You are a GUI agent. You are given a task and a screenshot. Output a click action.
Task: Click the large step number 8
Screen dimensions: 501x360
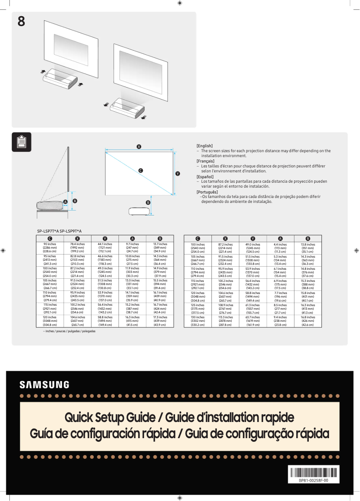tap(21, 21)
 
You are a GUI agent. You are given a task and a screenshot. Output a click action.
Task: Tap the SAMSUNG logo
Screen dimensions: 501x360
tap(44, 385)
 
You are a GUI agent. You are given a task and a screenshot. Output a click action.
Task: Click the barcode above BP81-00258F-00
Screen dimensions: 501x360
tap(313, 472)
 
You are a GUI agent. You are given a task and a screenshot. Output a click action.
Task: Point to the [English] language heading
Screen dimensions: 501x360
tap(205, 146)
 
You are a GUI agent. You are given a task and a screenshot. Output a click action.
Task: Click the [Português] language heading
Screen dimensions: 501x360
tap(207, 192)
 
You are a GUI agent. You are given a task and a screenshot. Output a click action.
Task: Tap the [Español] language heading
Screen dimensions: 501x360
tap(205, 176)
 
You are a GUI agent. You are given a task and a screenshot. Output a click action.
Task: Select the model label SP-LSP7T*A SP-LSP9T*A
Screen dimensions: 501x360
tap(59, 231)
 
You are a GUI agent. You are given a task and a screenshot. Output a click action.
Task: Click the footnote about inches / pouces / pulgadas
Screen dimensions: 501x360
tap(66, 331)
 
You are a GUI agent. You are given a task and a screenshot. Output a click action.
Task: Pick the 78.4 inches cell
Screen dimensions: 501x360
tap(77, 247)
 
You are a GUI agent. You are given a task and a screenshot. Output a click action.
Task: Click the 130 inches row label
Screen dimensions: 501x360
tap(198, 321)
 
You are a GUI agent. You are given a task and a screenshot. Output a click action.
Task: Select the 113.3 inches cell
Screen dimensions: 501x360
tap(225, 321)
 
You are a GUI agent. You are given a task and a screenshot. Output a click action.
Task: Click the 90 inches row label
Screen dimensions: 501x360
tap(49, 247)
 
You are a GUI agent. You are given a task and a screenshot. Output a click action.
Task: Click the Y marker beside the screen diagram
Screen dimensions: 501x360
tap(178, 173)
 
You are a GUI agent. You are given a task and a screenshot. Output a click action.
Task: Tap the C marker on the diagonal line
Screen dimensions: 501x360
tap(140, 171)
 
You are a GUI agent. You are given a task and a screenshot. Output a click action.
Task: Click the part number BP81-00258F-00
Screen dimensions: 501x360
tap(313, 480)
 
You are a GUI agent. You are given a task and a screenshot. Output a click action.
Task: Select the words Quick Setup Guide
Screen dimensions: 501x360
tap(110, 417)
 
